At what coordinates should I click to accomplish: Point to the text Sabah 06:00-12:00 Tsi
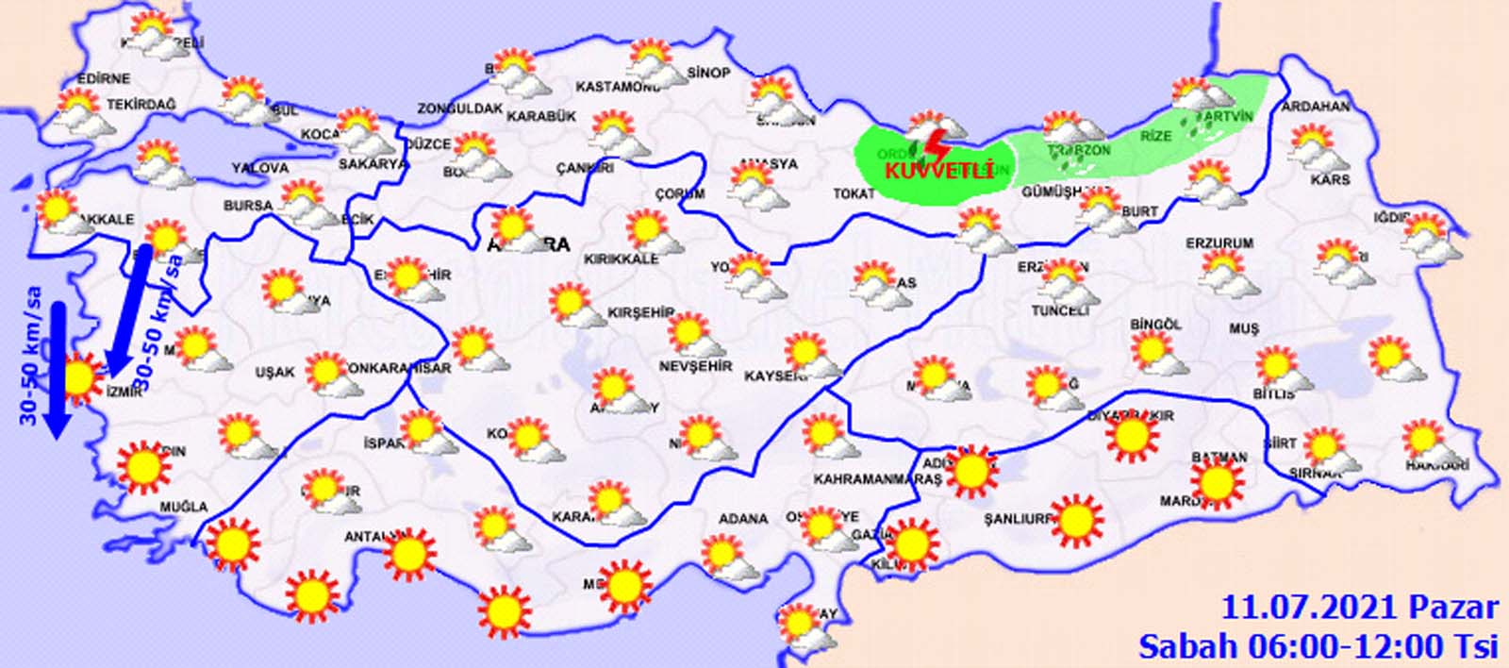point(1318,646)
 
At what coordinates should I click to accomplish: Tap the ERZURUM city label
point(1219,243)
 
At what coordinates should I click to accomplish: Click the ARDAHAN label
point(1316,107)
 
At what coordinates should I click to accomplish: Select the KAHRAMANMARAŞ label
point(877,479)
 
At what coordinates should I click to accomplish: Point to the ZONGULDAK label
point(460,109)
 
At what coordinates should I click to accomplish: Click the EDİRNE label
point(105,78)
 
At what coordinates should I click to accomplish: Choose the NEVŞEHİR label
point(695,366)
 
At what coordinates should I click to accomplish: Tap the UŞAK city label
point(274,373)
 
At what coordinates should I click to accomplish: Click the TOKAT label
point(854,193)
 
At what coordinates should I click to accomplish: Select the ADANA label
point(743,519)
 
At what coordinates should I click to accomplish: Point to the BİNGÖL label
point(1155,325)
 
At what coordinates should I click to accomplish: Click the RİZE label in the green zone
point(1156,136)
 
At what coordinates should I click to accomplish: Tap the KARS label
point(1330,179)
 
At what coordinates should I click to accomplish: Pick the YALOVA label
point(260,168)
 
